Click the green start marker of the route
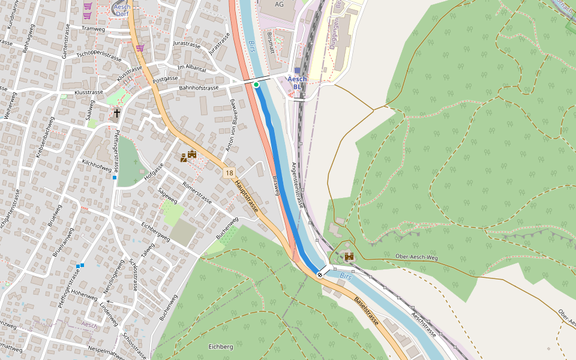click(256, 85)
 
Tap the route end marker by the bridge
click(320, 274)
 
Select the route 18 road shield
click(229, 173)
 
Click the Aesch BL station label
click(297, 83)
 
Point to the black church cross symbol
click(117, 112)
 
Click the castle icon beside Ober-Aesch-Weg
click(348, 256)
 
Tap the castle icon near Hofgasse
click(192, 155)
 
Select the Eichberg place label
click(220, 347)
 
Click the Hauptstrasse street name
click(247, 196)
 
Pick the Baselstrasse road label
click(366, 311)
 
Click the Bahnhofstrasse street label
click(199, 88)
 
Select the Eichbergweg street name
click(155, 232)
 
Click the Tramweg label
click(93, 28)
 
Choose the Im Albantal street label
click(191, 69)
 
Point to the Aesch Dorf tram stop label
click(122, 10)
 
